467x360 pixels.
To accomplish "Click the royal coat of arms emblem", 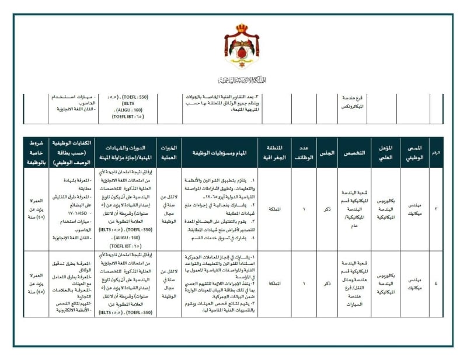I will [241, 48].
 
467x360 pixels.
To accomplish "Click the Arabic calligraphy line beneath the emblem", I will [241, 80].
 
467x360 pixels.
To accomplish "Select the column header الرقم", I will [436, 152].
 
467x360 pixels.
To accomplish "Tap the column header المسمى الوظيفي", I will [415, 152].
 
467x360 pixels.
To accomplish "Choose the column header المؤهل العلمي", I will [385, 152].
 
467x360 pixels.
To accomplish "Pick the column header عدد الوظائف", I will [303, 152].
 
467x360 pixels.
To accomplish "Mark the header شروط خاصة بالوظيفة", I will [36, 152].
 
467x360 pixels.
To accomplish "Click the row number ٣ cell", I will [436, 207].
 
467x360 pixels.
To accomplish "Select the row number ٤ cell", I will [436, 282].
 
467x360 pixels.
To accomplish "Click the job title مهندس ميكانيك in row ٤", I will [415, 282].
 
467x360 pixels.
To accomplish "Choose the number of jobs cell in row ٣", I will [303, 207].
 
